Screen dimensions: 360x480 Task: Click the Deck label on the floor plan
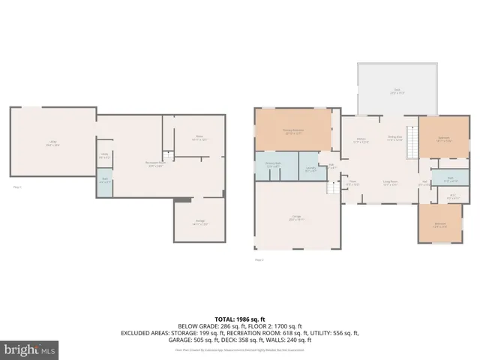click(x=394, y=91)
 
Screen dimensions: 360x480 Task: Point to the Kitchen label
click(x=360, y=139)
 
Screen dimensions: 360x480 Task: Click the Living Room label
click(x=390, y=182)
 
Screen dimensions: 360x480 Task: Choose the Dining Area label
click(x=394, y=138)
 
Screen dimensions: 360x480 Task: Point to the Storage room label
click(x=199, y=222)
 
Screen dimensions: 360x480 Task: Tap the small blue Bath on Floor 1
click(x=105, y=181)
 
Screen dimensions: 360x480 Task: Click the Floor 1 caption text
click(x=17, y=187)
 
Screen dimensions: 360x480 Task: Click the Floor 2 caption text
click(x=259, y=259)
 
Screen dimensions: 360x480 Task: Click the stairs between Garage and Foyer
click(x=331, y=187)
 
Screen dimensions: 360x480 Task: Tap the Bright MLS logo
click(x=30, y=349)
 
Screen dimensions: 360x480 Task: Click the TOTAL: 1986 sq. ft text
click(x=240, y=319)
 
